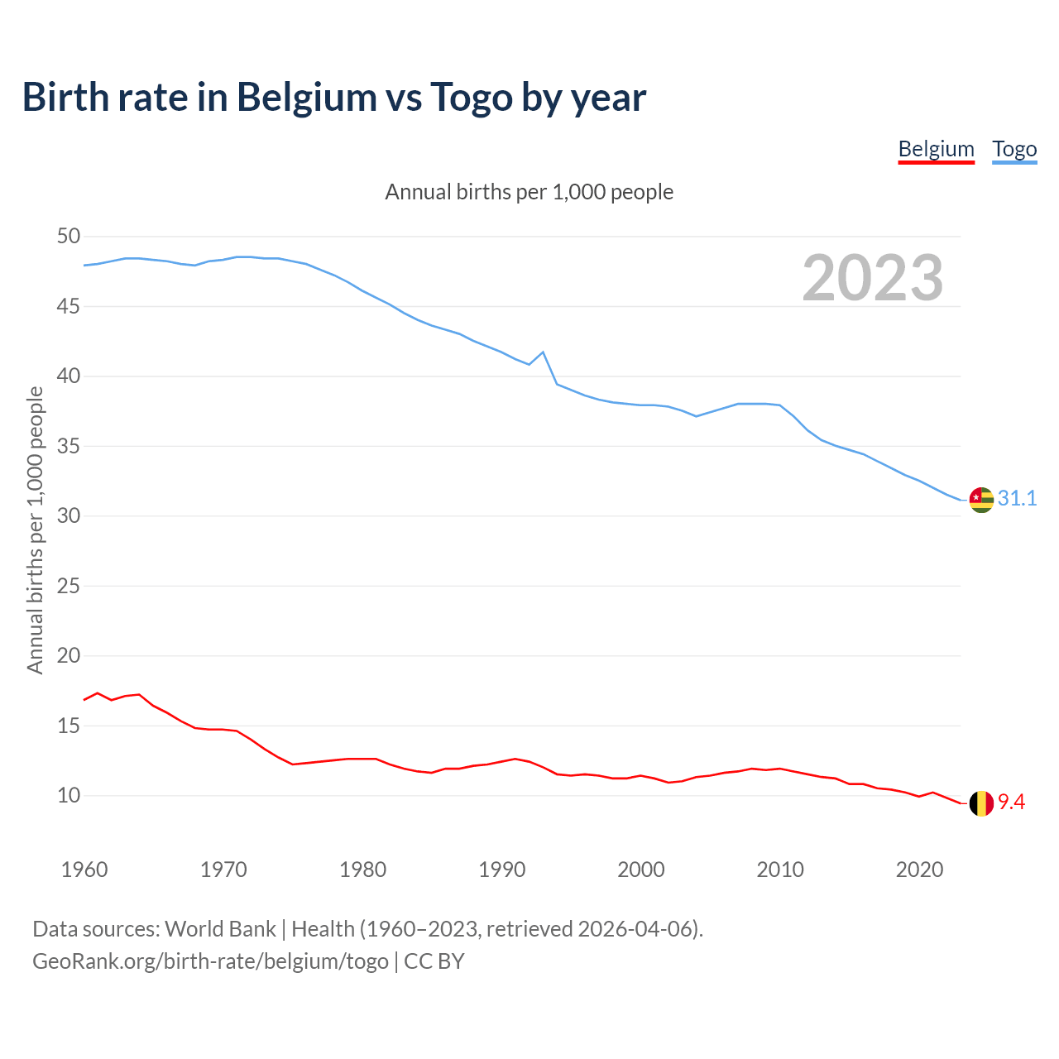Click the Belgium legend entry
pyautogui.click(x=936, y=149)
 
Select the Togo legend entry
pyautogui.click(x=1014, y=149)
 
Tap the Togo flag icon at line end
pyautogui.click(x=981, y=500)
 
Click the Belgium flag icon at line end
pyautogui.click(x=981, y=803)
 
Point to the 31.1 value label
pyautogui.click(x=1017, y=498)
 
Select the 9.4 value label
pyautogui.click(x=1011, y=802)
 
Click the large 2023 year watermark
pyautogui.click(x=873, y=278)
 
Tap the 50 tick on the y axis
pyautogui.click(x=69, y=237)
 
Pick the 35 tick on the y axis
pyautogui.click(x=69, y=447)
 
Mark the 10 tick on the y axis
pyautogui.click(x=69, y=796)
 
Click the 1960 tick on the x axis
pyautogui.click(x=84, y=870)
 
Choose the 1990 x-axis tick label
pyautogui.click(x=502, y=870)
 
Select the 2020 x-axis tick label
pyautogui.click(x=920, y=870)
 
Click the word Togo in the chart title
pyautogui.click(x=472, y=98)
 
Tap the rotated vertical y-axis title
pyautogui.click(x=35, y=530)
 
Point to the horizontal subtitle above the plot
pyautogui.click(x=529, y=192)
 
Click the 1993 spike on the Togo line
pyautogui.click(x=543, y=352)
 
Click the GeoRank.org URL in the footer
pyautogui.click(x=210, y=961)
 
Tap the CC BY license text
pyautogui.click(x=434, y=961)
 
